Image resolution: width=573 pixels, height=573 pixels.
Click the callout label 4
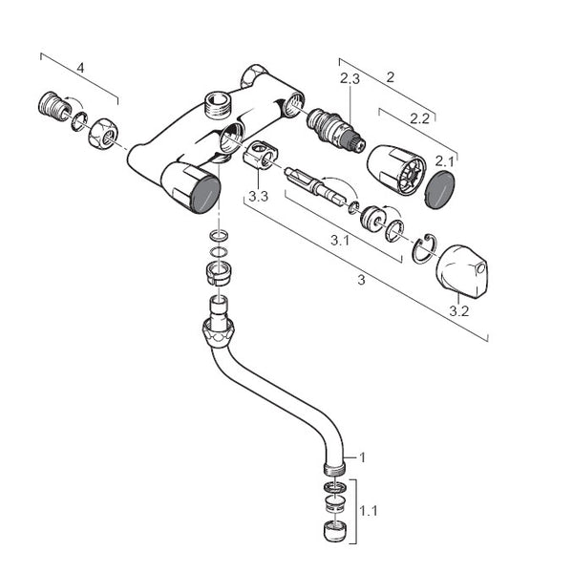pos(80,68)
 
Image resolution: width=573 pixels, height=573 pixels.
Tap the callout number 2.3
pos(350,79)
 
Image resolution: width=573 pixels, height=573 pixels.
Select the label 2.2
pos(417,119)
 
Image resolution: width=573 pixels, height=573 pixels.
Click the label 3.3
pos(258,197)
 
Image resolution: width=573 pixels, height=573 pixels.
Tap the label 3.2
pos(459,311)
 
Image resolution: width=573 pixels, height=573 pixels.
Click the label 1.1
pos(369,511)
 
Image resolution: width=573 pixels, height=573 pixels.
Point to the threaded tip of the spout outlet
pos(333,468)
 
